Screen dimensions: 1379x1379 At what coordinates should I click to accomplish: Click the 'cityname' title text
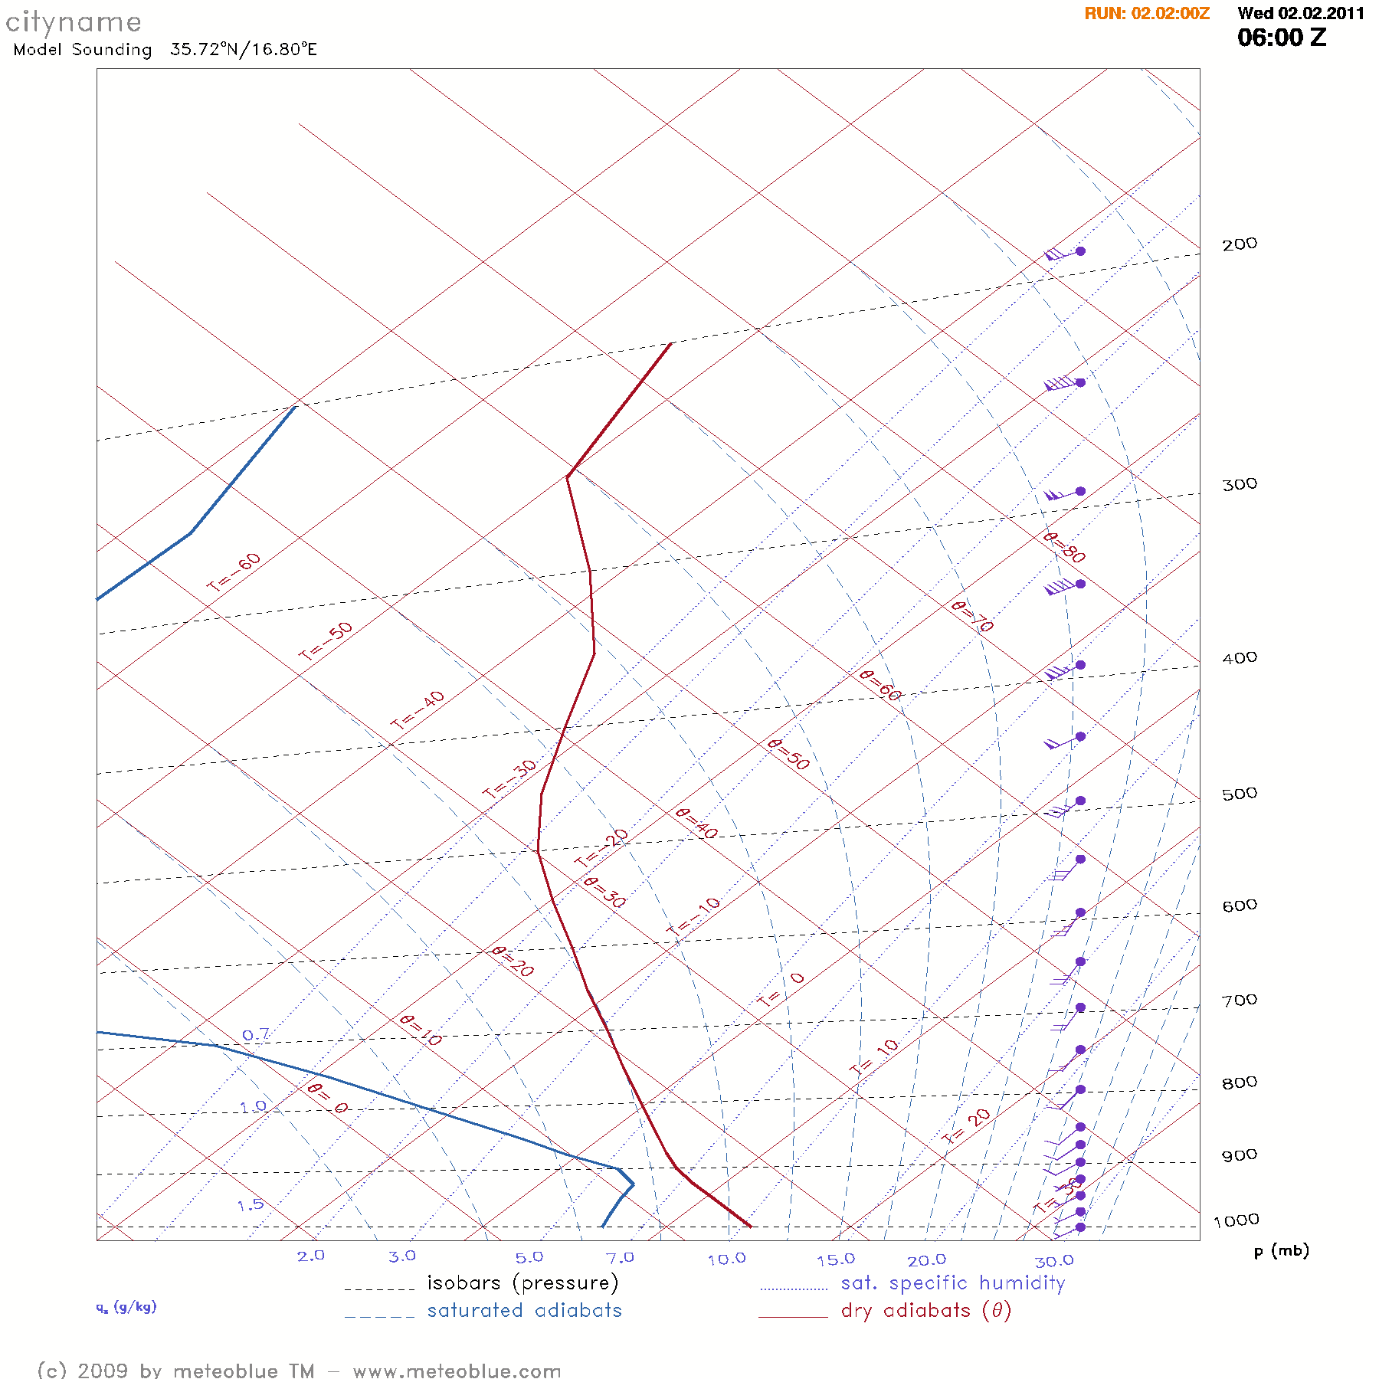(74, 23)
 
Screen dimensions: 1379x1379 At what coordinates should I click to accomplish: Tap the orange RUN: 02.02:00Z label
(1147, 14)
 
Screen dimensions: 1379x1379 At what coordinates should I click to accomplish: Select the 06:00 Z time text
(1282, 38)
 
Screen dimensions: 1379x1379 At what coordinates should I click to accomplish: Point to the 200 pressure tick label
(1239, 244)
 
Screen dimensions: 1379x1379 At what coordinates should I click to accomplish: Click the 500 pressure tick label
(1239, 794)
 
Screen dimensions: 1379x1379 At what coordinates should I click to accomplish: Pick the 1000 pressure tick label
(1236, 1220)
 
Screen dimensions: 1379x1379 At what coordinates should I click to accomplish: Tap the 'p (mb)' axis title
(1281, 1251)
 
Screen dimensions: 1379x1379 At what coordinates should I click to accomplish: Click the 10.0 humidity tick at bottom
(726, 1259)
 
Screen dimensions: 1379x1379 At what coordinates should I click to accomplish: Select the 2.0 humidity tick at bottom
(311, 1256)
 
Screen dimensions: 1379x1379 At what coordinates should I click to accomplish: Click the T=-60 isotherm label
(234, 572)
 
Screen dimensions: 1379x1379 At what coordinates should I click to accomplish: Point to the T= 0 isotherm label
(781, 990)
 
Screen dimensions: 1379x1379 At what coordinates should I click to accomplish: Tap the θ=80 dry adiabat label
(1064, 548)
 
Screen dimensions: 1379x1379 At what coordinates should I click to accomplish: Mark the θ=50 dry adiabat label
(788, 755)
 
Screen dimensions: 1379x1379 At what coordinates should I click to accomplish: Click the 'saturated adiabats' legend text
(525, 1311)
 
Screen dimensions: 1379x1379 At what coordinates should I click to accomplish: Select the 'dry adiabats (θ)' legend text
(926, 1311)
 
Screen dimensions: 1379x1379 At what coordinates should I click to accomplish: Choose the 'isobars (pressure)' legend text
(522, 1283)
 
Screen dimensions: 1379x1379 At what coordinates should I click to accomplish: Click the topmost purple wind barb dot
(1080, 251)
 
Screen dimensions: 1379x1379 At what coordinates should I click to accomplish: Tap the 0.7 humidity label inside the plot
(256, 1036)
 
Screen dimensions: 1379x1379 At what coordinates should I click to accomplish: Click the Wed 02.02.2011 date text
(1301, 14)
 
